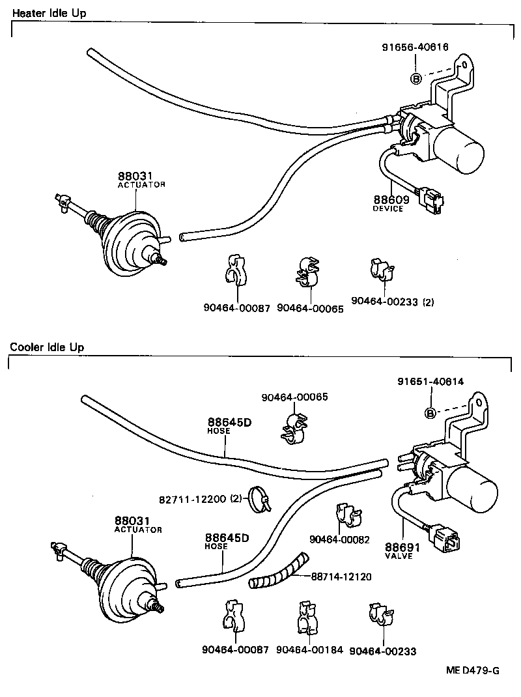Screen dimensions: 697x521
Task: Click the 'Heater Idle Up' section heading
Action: [49, 13]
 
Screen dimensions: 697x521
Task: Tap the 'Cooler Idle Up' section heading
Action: [47, 347]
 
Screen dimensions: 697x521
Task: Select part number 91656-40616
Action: [415, 46]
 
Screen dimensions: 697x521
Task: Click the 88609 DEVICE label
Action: [389, 203]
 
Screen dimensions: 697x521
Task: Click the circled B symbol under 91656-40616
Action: [415, 79]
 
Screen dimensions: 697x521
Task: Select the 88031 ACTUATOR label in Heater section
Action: [141, 180]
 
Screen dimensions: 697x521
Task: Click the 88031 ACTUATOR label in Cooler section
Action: [137, 524]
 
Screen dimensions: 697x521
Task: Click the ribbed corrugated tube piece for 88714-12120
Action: [279, 572]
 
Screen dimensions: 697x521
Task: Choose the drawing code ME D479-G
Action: [472, 670]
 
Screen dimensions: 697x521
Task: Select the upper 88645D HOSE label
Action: [229, 425]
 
